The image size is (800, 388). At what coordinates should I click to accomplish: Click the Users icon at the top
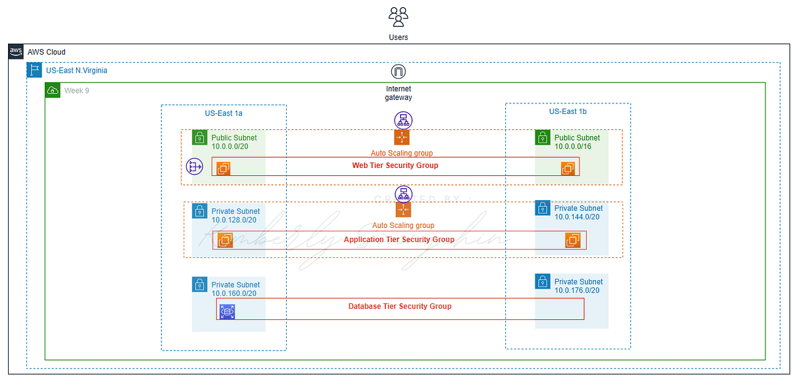tap(398, 17)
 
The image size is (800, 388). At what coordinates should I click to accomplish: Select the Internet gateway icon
tap(399, 72)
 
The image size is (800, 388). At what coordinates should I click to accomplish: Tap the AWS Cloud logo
tap(17, 52)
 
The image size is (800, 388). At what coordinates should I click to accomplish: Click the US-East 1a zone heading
tap(223, 113)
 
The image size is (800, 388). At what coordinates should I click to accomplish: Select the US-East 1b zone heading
tap(567, 112)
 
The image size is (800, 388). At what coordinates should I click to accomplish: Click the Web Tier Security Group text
tap(395, 165)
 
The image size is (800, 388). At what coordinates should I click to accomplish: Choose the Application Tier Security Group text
tap(399, 239)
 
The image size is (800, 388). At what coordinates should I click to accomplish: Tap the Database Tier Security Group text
tap(399, 306)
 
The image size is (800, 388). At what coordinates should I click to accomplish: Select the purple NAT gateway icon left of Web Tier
tap(194, 167)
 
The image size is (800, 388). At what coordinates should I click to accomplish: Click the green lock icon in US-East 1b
tap(543, 137)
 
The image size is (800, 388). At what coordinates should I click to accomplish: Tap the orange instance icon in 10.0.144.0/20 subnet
tap(573, 240)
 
